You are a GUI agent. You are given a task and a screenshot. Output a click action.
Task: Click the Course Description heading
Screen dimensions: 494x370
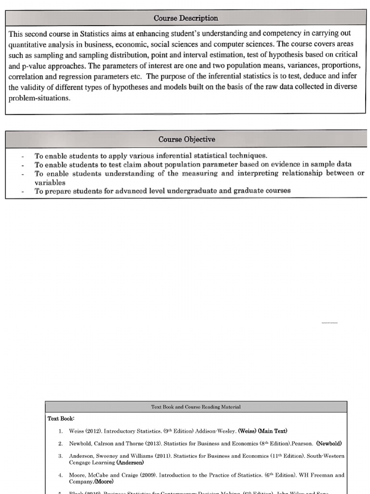(x=185, y=18)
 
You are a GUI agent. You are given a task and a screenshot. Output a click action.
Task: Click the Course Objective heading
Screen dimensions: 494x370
(x=186, y=139)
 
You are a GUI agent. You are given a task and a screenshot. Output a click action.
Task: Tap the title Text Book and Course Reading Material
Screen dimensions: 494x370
(x=196, y=407)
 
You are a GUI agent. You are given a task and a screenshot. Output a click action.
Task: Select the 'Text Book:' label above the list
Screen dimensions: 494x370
(x=61, y=418)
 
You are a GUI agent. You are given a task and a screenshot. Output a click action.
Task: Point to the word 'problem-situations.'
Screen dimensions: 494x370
(x=40, y=97)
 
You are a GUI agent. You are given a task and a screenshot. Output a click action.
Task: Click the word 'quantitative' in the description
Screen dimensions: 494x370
(x=29, y=44)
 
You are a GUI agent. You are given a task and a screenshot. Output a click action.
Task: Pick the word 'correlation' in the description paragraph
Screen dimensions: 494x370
(x=27, y=76)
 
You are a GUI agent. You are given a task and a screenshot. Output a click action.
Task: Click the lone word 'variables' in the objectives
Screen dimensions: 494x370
(x=50, y=182)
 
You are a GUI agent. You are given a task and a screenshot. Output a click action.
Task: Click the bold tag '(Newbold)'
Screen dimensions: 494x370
(x=329, y=443)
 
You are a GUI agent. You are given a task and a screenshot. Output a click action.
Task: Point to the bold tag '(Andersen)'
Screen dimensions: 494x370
(x=130, y=462)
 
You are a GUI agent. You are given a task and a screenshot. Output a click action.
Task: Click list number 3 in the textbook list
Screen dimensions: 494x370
(x=61, y=456)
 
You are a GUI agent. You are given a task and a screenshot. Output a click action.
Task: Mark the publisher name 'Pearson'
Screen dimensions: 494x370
(x=302, y=443)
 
